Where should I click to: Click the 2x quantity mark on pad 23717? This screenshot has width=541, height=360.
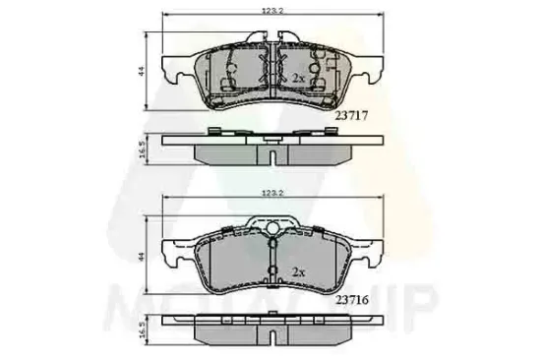[296, 77]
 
